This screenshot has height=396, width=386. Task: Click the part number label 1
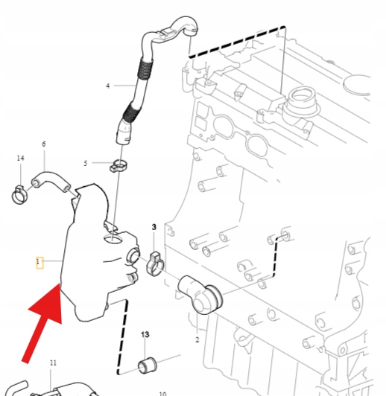tap(38, 262)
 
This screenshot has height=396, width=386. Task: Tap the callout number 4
tap(108, 86)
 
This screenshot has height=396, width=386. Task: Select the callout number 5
tap(86, 164)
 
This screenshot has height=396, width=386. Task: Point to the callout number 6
tap(44, 144)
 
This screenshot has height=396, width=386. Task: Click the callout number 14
tap(20, 158)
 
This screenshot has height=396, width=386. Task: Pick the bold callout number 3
tap(154, 227)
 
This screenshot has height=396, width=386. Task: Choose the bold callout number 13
tap(145, 335)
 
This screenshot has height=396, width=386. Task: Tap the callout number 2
tap(197, 340)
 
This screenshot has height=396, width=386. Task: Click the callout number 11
tap(53, 363)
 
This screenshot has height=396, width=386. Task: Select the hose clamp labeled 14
tap(19, 194)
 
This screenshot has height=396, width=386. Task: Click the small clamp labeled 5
tap(118, 165)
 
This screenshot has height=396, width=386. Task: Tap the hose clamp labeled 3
tap(155, 264)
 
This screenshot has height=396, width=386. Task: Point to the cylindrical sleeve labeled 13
tap(147, 365)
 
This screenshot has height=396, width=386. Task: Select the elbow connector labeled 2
tap(200, 294)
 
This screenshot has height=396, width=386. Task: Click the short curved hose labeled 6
tap(51, 180)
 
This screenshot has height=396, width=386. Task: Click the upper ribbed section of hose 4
tap(145, 69)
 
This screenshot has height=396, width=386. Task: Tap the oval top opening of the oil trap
tap(113, 238)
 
